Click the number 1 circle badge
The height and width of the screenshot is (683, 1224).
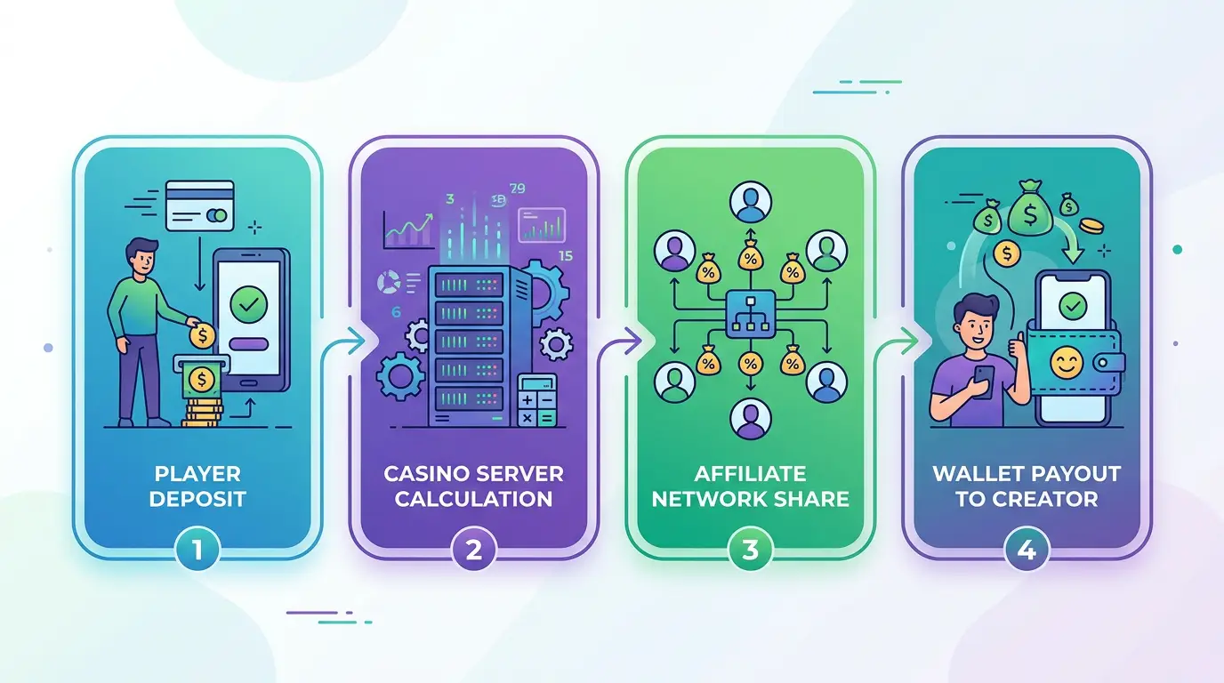197,550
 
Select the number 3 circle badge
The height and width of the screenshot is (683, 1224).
750,550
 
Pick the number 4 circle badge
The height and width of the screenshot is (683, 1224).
1027,550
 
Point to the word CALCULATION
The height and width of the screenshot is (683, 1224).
473,498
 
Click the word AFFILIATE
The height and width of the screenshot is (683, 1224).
750,473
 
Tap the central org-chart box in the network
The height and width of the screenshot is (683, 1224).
750,313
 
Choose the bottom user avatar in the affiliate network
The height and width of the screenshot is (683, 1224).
749,418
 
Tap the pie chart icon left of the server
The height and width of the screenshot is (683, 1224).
390,283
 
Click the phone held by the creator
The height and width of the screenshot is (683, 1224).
985,381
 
